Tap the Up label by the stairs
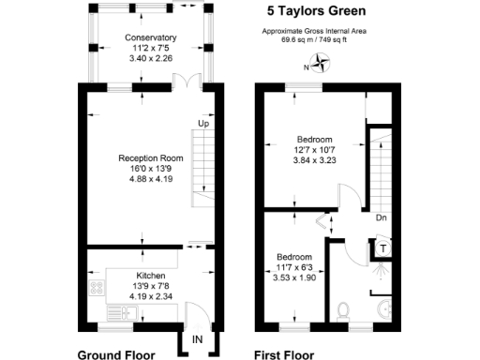click(x=202, y=123)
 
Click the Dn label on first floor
click(x=382, y=217)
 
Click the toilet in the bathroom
click(x=345, y=307)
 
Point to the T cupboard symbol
click(x=384, y=248)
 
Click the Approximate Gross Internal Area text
click(x=313, y=33)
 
